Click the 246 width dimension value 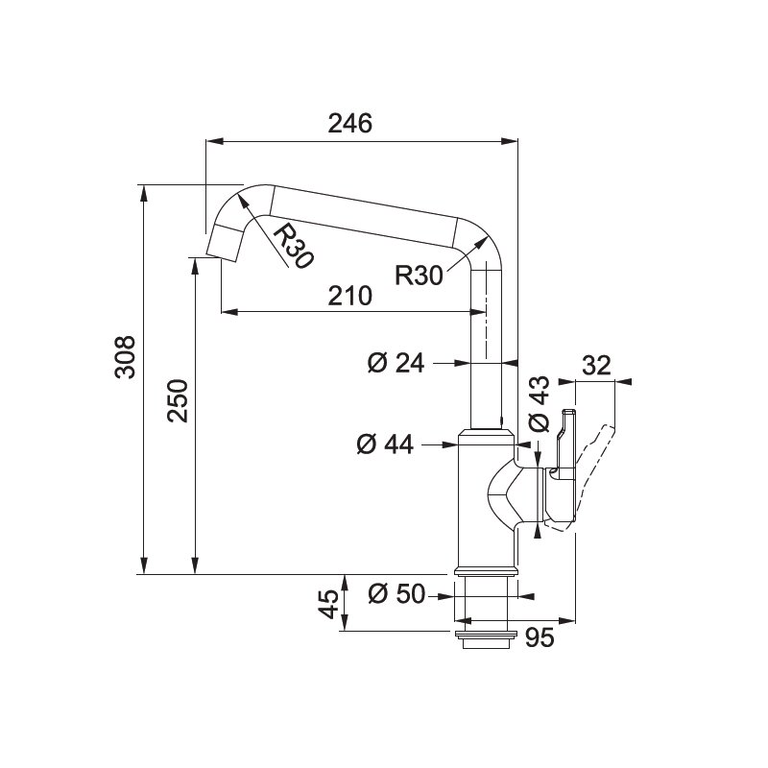pos(349,124)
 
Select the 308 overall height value pos(125,356)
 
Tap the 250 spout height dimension pos(178,400)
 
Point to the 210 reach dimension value pos(349,296)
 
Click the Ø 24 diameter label pos(396,364)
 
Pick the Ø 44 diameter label pos(386,444)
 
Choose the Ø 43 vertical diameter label pos(540,404)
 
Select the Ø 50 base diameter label pos(396,594)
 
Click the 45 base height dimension pos(328,604)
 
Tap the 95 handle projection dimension pos(540,637)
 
